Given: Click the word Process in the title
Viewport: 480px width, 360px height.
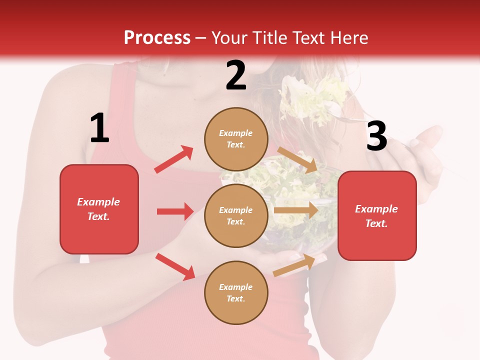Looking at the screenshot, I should pos(157,37).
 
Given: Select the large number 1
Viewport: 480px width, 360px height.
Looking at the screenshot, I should pos(99,128).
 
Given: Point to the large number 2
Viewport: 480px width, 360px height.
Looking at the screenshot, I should pos(236,76).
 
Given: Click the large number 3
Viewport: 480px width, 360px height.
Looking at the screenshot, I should pos(376,136).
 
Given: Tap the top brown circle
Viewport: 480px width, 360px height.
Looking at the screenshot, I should pos(236,138).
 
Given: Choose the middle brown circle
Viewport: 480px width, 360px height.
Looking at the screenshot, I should pos(236,215).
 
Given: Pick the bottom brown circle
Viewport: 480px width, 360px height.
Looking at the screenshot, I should pos(236,292).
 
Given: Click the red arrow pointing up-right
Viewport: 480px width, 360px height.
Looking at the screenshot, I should pos(174,159).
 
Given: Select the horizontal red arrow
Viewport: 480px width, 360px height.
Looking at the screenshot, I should pos(175,211).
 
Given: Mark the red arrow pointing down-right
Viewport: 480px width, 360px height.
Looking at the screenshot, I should pos(175,266).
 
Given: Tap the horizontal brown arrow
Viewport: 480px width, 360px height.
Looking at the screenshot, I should pos(296,210).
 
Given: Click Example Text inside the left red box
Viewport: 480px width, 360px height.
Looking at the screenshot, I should pos(98,209).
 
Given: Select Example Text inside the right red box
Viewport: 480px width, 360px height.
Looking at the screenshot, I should pos(376,216).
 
